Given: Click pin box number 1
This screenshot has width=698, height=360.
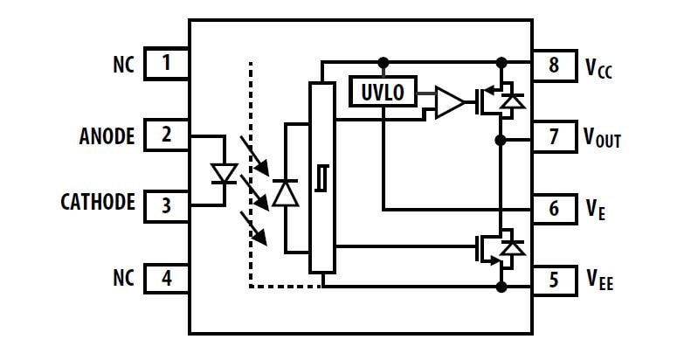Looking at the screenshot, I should coord(166,65).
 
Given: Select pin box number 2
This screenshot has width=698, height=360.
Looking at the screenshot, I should coord(166,135).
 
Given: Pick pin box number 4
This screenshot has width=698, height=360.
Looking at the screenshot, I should coord(166,279).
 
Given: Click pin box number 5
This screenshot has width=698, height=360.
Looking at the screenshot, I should coord(553,280).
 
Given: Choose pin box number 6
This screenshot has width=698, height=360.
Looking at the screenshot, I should coord(553,209).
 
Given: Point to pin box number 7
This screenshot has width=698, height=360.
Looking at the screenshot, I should coord(553,136).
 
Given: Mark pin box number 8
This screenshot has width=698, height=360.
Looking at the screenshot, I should coord(553,64).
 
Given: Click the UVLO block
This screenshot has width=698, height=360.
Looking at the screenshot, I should coord(383,92).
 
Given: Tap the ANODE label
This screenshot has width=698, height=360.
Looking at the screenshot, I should coord(107,136).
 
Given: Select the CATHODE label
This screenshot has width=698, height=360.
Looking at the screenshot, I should coord(98,203).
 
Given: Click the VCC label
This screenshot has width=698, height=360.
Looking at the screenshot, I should coord(599,66).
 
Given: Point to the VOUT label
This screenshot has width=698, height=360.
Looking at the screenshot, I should coord(602,138).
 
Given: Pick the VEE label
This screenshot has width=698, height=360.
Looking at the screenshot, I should coord(599,280).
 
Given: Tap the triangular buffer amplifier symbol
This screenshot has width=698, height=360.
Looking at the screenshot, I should coord(447,102).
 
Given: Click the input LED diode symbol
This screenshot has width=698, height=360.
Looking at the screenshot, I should coord(224,173).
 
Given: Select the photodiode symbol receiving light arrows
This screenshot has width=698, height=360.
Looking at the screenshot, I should coord(286,191).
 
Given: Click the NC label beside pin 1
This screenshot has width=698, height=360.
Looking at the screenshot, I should coord(123,65).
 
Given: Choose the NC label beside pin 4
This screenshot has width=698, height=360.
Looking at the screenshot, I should coord(123,279).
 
